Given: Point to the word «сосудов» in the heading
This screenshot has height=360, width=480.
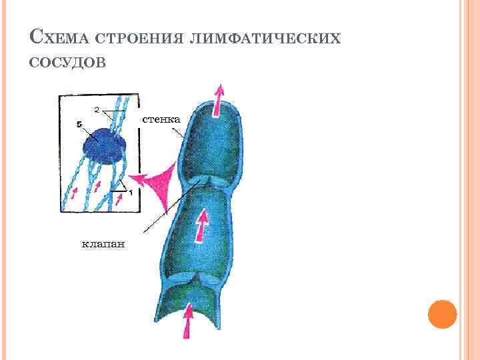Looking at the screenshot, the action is [67, 62].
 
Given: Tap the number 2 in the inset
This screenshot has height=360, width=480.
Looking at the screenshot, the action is [97, 108].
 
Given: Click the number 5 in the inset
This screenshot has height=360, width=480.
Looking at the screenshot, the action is [79, 124].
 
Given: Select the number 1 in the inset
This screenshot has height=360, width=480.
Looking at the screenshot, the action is [131, 192].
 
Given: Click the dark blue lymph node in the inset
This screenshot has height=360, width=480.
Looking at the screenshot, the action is [101, 143].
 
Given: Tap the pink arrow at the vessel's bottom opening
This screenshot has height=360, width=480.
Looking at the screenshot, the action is [189, 319].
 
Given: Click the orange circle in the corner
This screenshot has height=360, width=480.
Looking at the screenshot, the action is [441, 313].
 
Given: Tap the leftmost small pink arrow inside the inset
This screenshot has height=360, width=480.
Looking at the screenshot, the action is [73, 193].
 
